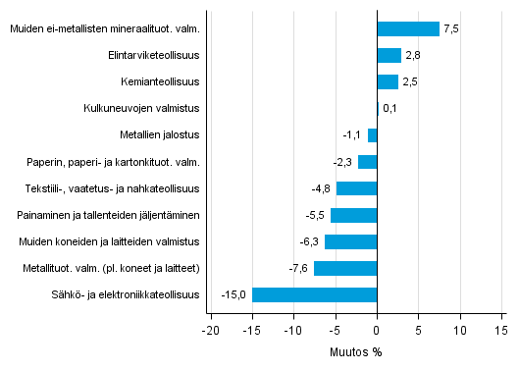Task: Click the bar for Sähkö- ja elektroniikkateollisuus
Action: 314,294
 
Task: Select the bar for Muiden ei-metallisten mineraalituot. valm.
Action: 408,28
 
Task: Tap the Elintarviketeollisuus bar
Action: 389,55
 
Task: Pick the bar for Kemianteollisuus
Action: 388,81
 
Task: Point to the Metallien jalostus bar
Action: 372,135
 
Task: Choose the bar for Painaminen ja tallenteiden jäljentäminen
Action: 353,215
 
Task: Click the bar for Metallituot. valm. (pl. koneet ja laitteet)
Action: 345,268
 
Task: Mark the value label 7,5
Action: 451,28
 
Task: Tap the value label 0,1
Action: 389,109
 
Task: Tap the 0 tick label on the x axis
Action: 377,331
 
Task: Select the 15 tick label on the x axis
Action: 501,331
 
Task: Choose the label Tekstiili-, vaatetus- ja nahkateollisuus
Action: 114,188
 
